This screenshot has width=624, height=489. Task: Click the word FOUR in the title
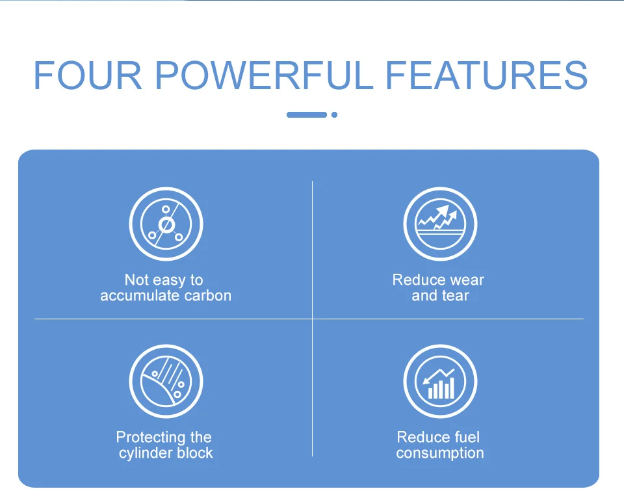pos(88,75)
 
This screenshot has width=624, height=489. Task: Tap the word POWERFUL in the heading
pos(264,75)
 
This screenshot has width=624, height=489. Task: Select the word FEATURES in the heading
pos(487,75)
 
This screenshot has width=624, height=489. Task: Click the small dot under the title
pos(334,114)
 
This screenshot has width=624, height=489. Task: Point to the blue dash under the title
pos(307,114)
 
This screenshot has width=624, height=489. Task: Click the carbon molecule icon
pos(166,224)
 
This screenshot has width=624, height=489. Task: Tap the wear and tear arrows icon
pos(440,224)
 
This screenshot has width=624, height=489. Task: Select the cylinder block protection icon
pos(166,382)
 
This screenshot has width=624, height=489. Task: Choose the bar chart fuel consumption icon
pos(440,382)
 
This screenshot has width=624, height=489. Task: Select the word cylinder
pos(146,453)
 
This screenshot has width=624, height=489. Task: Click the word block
pos(195,453)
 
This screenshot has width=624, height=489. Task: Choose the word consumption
pos(440,453)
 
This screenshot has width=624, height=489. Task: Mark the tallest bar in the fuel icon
pos(452,388)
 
